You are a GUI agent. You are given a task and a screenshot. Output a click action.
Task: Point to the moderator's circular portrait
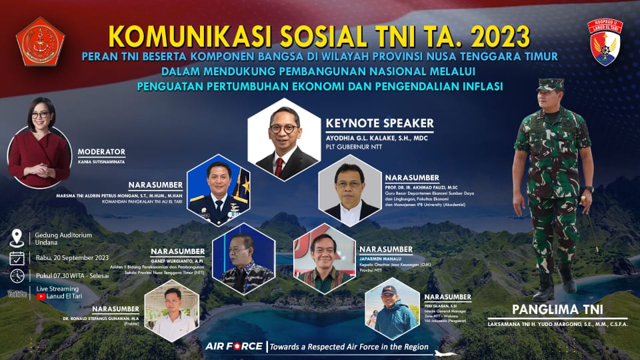point(39,150)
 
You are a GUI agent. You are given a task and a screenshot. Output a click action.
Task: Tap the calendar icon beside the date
point(17,258)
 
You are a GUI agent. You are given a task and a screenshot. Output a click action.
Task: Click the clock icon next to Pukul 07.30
point(17,275)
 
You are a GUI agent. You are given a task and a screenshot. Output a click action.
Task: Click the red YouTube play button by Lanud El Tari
point(42,297)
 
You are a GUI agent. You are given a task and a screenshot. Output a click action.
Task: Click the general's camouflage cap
point(550,85)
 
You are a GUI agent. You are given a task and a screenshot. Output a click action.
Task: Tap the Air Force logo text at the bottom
point(233,347)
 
